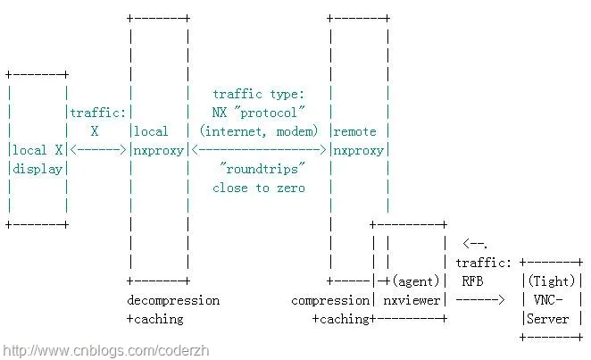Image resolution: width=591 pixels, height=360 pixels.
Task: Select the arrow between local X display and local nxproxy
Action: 98,150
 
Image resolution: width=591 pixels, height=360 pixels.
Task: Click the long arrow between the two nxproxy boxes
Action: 258,150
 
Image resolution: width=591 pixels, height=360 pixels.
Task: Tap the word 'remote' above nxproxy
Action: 355,131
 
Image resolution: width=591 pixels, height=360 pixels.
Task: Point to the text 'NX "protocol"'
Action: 258,113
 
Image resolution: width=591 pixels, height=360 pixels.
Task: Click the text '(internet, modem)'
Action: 258,131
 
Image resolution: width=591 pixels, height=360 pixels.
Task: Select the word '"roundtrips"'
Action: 258,169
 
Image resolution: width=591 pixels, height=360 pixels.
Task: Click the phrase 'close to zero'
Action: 258,188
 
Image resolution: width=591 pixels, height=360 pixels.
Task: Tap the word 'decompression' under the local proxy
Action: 172,300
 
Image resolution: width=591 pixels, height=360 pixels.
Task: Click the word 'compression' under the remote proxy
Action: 329,300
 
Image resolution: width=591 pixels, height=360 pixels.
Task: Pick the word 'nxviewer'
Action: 412,300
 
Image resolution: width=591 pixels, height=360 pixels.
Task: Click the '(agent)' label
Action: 415,281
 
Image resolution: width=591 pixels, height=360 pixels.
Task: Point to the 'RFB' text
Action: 472,281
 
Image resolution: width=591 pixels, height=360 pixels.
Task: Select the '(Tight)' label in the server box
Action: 553,281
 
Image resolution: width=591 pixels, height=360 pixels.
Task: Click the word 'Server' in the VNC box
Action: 547,319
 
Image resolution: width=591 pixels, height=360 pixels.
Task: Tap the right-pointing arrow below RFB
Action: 479,300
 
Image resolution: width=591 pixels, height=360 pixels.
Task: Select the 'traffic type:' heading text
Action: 258,94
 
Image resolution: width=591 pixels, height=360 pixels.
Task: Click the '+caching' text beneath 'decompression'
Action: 154,319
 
